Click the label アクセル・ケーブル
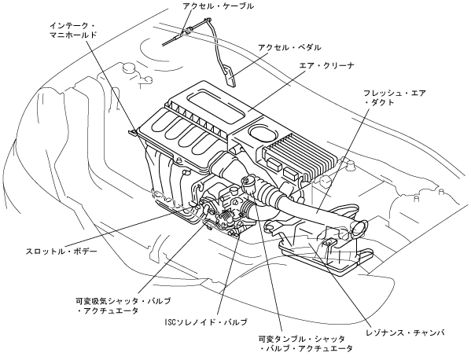pyautogui.click(x=218, y=6)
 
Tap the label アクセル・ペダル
pyautogui.click(x=289, y=47)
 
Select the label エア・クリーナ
pyautogui.click(x=327, y=65)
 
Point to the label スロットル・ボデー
pyautogui.click(x=61, y=251)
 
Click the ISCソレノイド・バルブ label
pyautogui.click(x=206, y=321)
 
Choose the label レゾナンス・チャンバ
pyautogui.click(x=406, y=332)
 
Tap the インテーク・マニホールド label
pyautogui.click(x=73, y=30)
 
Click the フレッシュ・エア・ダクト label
pyautogui.click(x=395, y=97)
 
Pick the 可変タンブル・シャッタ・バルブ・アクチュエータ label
pyautogui.click(x=306, y=343)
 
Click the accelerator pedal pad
pyautogui.click(x=230, y=75)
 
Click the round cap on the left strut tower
pyautogui.click(x=130, y=68)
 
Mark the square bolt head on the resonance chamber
pyautogui.click(x=329, y=241)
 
